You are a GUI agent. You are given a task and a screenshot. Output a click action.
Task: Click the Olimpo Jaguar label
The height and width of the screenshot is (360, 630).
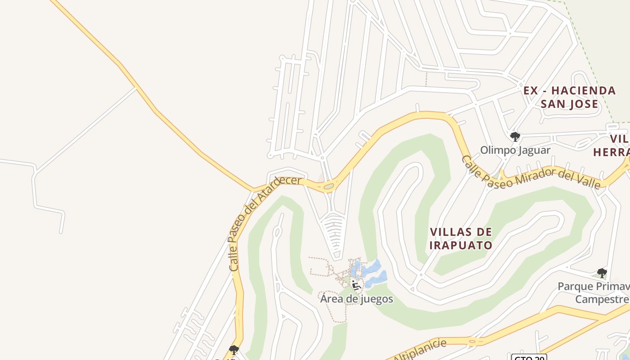515,150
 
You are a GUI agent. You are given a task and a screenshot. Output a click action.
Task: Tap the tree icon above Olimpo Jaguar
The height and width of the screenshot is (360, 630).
515,136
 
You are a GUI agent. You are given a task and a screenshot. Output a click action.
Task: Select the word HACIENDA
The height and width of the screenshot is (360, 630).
584,90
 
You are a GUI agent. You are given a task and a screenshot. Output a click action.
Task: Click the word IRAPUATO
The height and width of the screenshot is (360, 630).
461,246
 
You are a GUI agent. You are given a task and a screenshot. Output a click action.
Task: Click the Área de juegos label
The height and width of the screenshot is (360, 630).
356,299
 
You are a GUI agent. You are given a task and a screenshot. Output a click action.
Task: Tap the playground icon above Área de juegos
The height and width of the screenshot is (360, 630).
356,285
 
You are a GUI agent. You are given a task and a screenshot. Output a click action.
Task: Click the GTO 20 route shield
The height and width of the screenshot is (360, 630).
529,358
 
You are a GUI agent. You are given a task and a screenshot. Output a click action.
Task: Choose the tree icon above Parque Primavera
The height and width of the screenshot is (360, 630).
602,273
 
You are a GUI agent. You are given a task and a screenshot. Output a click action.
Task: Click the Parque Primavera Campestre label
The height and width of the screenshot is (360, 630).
594,293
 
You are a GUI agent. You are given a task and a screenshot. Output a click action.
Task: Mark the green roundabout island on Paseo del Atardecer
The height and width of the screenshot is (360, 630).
328,186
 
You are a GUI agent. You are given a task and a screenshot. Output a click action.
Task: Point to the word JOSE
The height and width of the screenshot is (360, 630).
583,104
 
